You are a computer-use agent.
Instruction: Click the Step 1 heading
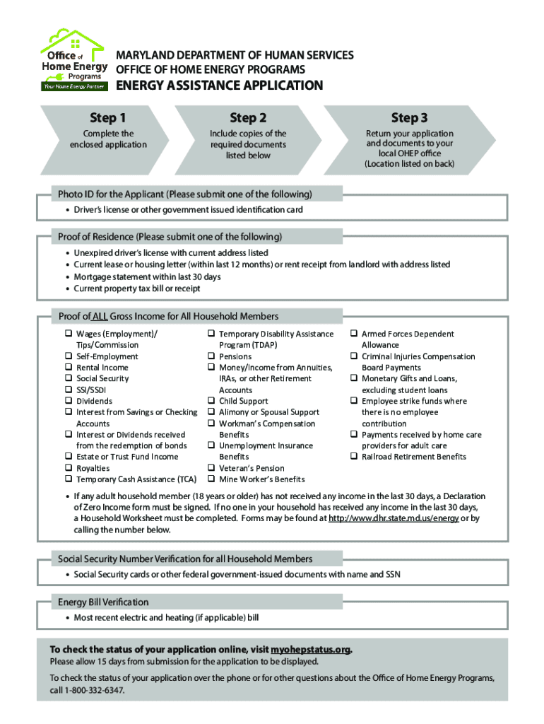pyautogui.click(x=107, y=117)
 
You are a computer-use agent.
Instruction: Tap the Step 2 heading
pyautogui.click(x=248, y=117)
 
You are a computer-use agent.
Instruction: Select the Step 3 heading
pyautogui.click(x=409, y=117)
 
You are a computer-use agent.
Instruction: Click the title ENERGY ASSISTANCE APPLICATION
pyautogui.click(x=219, y=86)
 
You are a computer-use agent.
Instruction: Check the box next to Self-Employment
pyautogui.click(x=69, y=356)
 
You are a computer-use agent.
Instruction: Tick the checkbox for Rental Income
pyautogui.click(x=69, y=368)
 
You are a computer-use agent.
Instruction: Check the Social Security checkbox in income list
pyautogui.click(x=69, y=379)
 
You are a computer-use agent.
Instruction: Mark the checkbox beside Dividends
pyautogui.click(x=69, y=401)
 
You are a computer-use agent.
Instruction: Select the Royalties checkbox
pyautogui.click(x=69, y=468)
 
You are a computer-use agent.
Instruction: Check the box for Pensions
pyautogui.click(x=211, y=356)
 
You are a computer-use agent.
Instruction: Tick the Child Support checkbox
pyautogui.click(x=211, y=401)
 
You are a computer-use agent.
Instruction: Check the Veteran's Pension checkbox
pyautogui.click(x=211, y=468)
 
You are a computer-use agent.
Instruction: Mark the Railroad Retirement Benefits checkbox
pyautogui.click(x=354, y=457)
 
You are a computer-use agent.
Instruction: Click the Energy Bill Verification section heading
pyautogui.click(x=103, y=602)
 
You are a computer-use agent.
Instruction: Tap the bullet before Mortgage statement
pyautogui.click(x=67, y=277)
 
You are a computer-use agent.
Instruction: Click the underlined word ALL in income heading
pyautogui.click(x=100, y=316)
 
